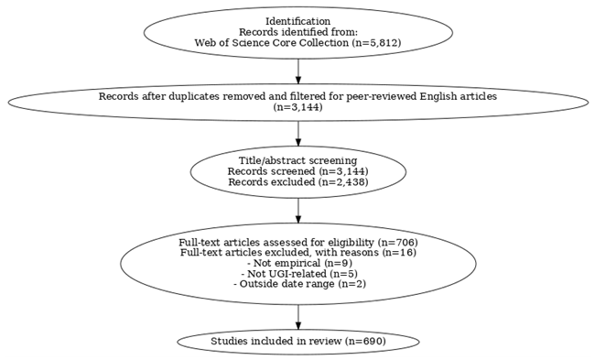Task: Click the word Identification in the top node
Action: [297, 21]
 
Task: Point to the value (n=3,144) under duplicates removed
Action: [297, 107]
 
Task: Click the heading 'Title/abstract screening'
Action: [297, 161]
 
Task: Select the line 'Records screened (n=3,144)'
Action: [297, 171]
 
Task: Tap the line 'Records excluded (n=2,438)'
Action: [297, 181]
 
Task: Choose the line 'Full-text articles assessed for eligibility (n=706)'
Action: [297, 242]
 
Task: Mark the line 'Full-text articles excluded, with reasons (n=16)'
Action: [297, 252]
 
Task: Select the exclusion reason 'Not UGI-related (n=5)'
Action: [297, 273]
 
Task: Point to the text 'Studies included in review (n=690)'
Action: [297, 342]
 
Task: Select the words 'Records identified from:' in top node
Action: [297, 32]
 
